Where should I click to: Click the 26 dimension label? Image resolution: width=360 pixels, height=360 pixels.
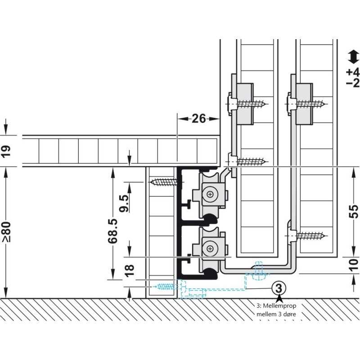(x=198, y=119)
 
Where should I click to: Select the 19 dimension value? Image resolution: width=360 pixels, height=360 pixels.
(x=6, y=151)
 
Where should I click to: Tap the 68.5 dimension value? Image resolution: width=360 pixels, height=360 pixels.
(x=113, y=231)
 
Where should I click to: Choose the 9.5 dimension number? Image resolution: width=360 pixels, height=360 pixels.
(x=125, y=203)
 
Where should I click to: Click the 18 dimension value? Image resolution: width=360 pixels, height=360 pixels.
(x=130, y=270)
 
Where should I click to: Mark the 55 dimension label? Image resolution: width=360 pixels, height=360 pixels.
(x=354, y=211)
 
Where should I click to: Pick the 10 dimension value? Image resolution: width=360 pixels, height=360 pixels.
(x=354, y=265)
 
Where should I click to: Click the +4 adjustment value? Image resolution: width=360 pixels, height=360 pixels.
(x=353, y=72)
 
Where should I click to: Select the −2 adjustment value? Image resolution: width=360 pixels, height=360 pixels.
(x=353, y=83)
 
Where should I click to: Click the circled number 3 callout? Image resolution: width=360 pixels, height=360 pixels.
(x=279, y=288)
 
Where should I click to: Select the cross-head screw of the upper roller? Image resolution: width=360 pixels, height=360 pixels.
(x=210, y=194)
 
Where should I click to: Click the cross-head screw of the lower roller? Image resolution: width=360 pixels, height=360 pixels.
(x=210, y=248)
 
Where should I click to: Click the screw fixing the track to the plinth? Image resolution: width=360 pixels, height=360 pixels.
(x=165, y=183)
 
